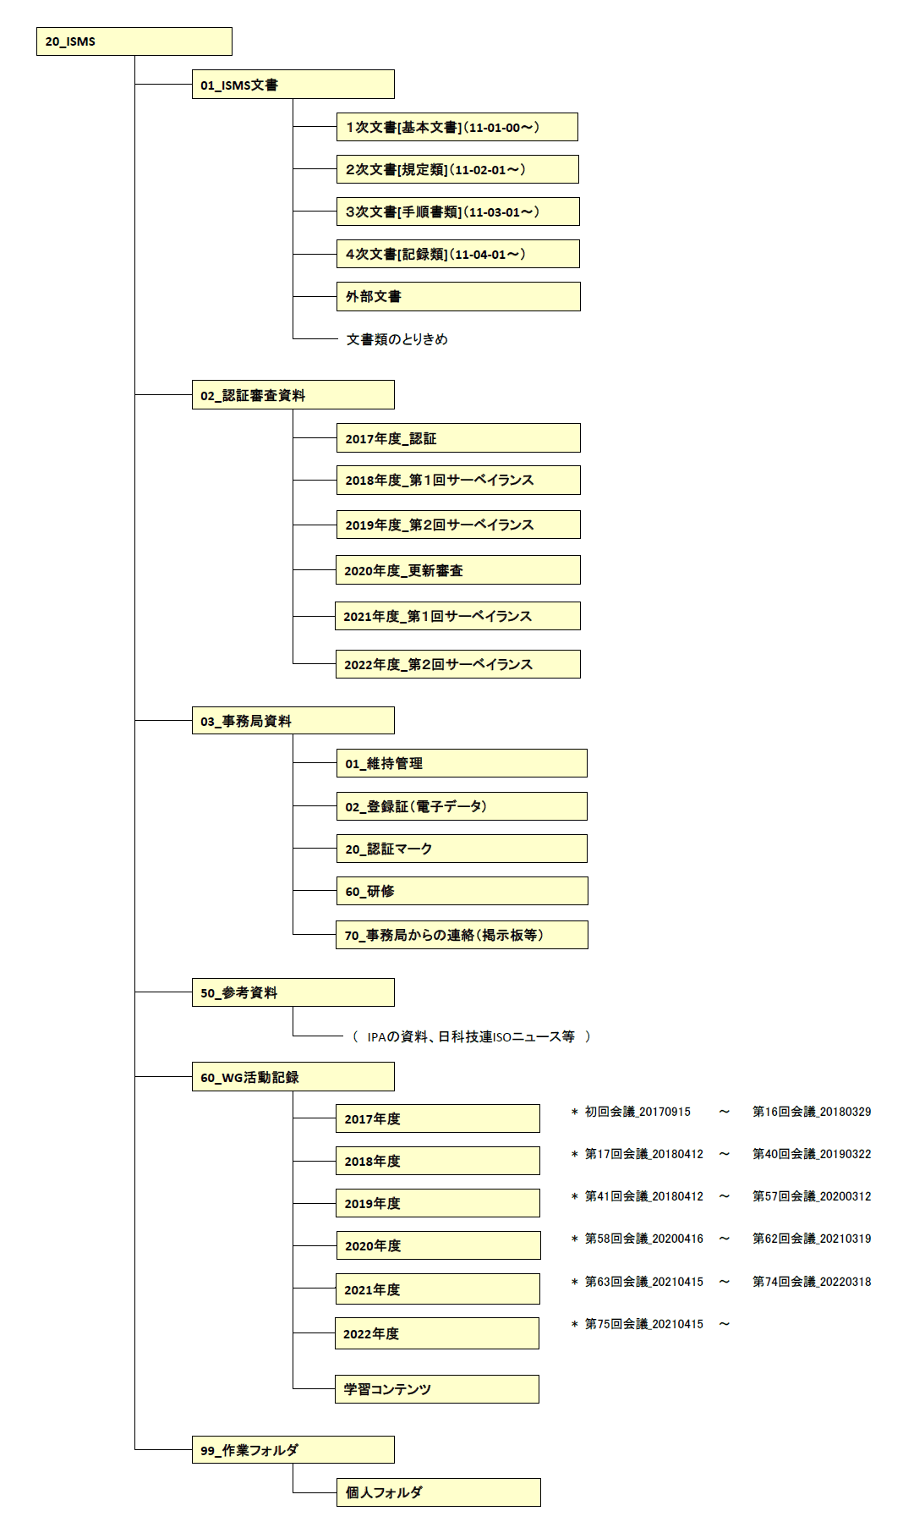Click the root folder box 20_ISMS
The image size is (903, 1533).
point(134,41)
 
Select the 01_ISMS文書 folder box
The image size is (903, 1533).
point(293,85)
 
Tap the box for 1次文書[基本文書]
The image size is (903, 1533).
point(457,127)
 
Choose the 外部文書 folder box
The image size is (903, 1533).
point(458,296)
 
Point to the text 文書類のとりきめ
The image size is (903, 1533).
point(397,339)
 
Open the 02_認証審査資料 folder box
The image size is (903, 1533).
point(293,395)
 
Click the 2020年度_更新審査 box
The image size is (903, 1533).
point(458,570)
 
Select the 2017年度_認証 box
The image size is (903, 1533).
point(458,438)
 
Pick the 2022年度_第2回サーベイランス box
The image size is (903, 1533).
point(458,664)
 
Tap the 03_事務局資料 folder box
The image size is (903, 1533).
point(293,721)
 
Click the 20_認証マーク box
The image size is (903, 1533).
point(462,849)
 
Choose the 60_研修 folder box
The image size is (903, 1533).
point(462,891)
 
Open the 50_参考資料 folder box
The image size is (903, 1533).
point(293,992)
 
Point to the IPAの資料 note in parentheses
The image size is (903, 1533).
point(472,1036)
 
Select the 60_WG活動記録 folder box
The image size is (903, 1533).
point(293,1077)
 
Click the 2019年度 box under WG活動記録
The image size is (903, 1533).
point(438,1203)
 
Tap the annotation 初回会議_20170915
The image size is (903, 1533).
point(638,1112)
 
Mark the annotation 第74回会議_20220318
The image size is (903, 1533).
point(812,1282)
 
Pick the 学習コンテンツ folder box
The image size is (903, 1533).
point(437,1389)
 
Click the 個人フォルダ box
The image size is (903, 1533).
point(438,1492)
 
